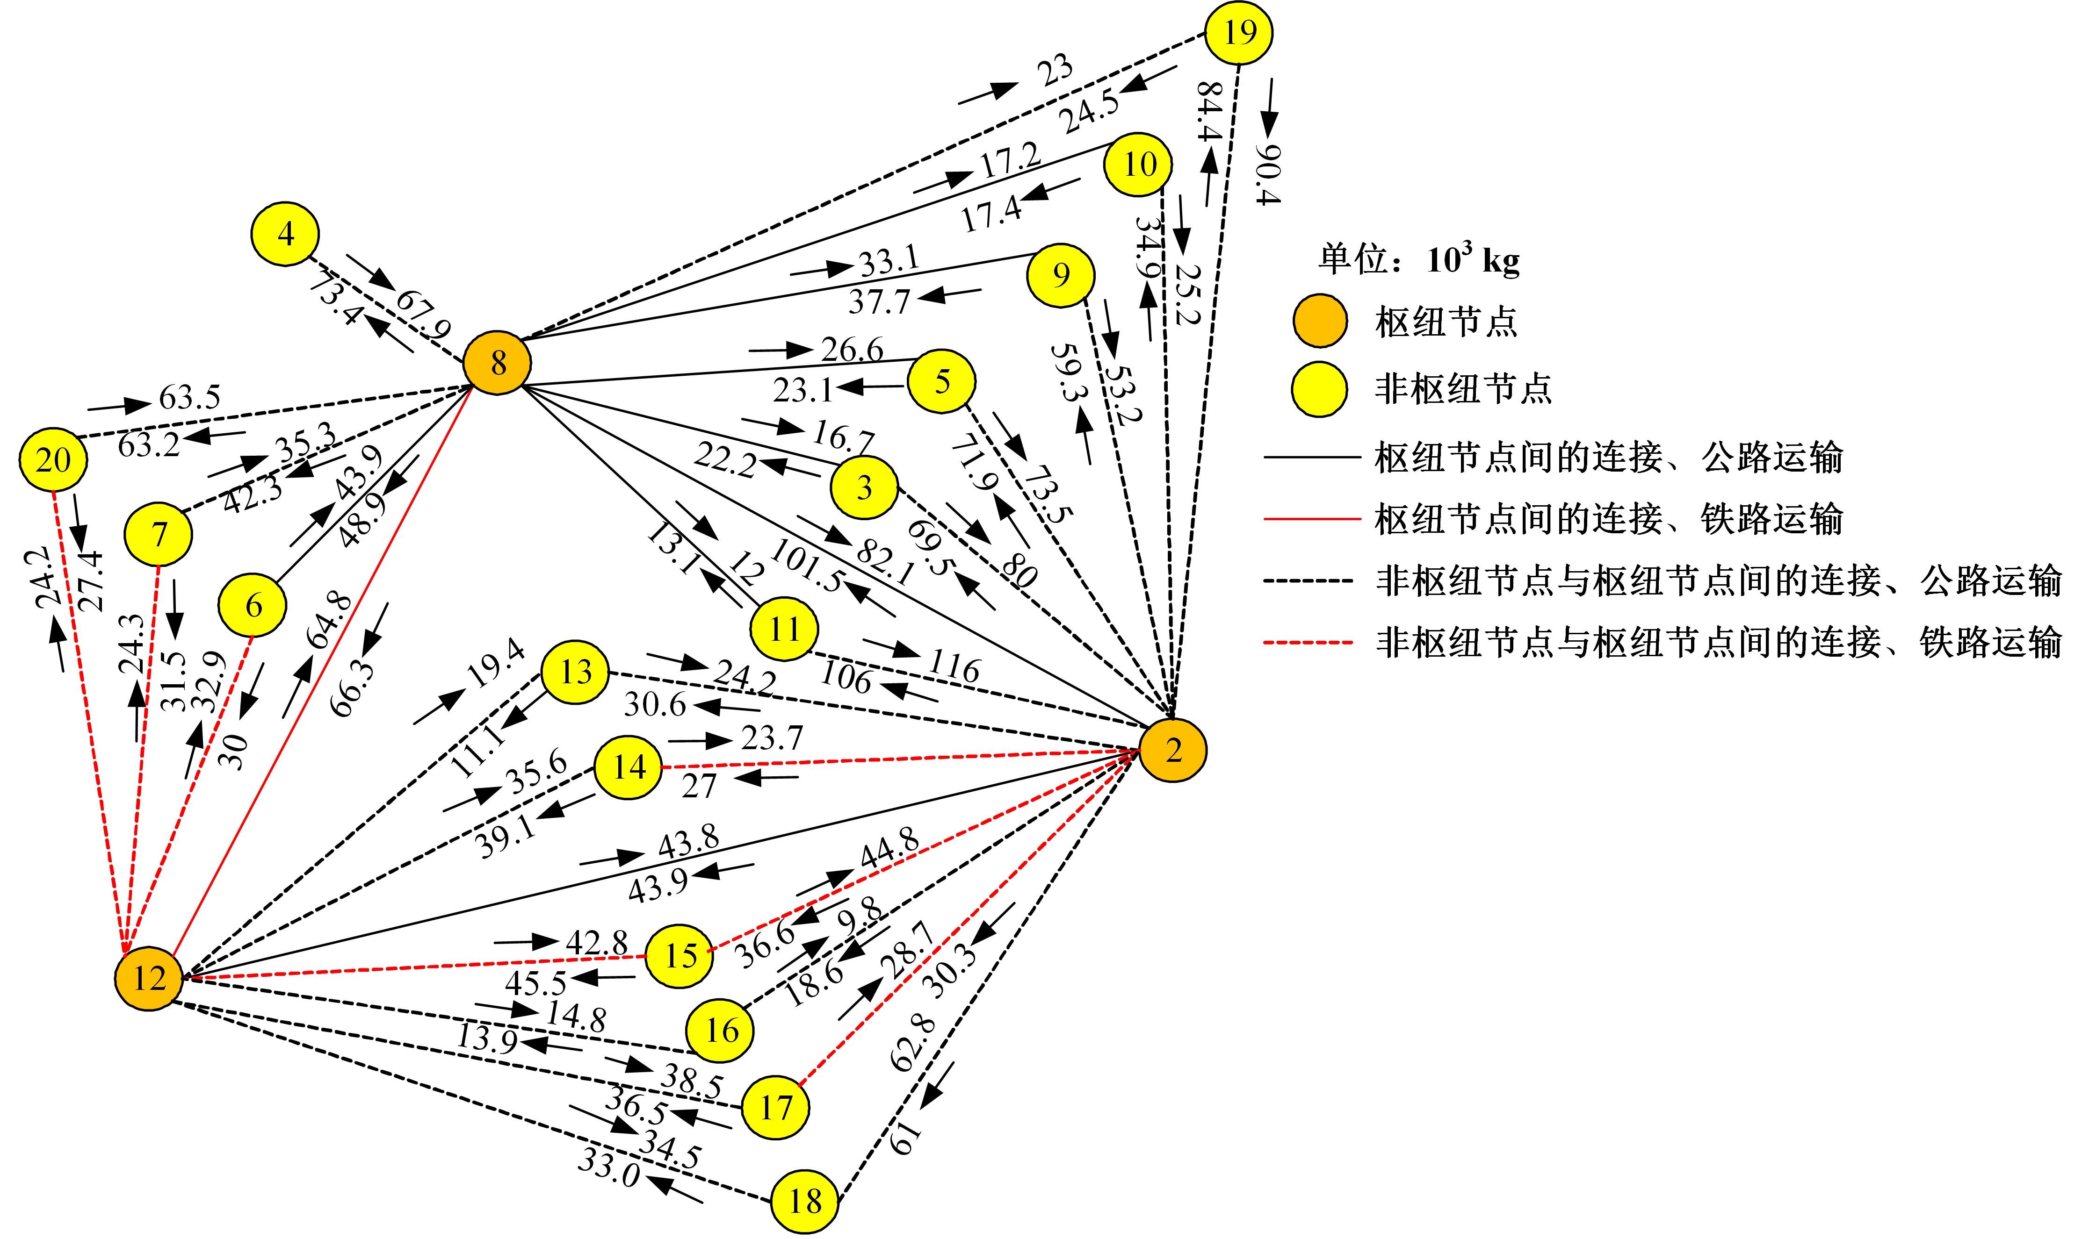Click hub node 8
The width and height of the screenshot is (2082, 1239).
(498, 363)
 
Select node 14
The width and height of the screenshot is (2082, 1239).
(628, 766)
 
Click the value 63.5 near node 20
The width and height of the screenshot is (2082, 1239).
(189, 398)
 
